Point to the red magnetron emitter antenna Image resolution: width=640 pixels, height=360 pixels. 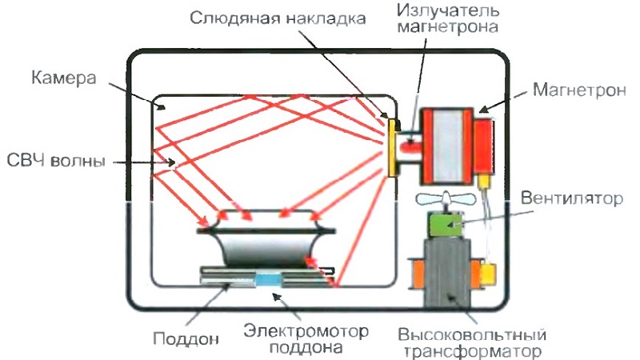(412, 146)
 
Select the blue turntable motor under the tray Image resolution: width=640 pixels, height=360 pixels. (268, 279)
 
